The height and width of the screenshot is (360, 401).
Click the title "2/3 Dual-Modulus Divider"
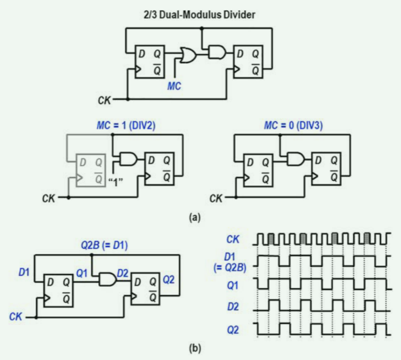point(201,15)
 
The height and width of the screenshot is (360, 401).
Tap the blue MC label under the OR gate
point(174,85)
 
